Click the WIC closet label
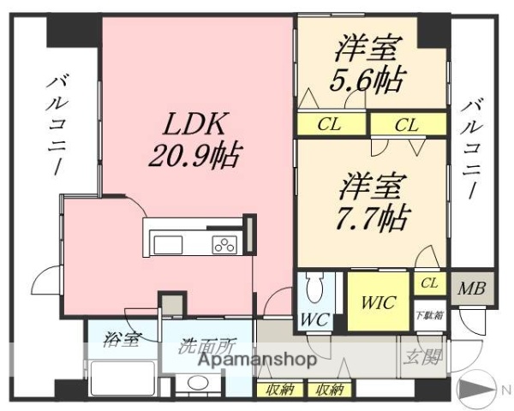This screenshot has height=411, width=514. [x=378, y=301]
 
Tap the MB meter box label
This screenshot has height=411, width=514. [x=470, y=289]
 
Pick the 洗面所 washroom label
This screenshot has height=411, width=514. [x=206, y=348]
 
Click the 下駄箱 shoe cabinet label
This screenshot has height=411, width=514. [x=428, y=314]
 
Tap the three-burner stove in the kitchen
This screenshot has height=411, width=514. [x=225, y=245]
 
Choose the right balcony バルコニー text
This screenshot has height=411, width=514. [x=470, y=150]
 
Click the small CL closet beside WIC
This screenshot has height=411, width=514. [x=430, y=283]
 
